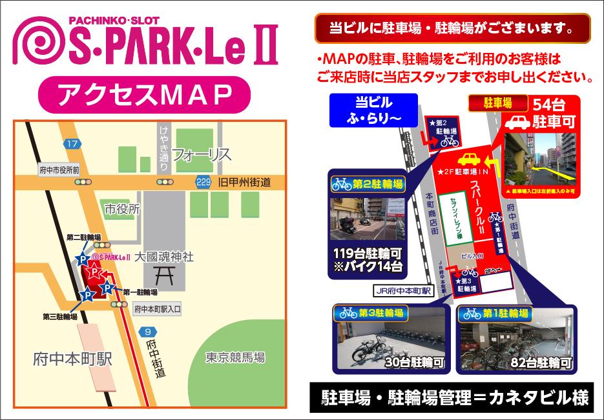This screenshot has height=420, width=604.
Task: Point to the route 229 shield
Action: [x=203, y=183]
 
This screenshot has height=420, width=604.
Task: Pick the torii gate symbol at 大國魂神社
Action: [x=165, y=277]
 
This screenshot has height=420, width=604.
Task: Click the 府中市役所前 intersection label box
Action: [x=58, y=170]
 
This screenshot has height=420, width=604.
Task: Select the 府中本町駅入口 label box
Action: [x=157, y=310]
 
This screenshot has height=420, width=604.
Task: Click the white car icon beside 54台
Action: [x=517, y=122]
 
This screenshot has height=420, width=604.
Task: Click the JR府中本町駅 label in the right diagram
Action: [x=406, y=291]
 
